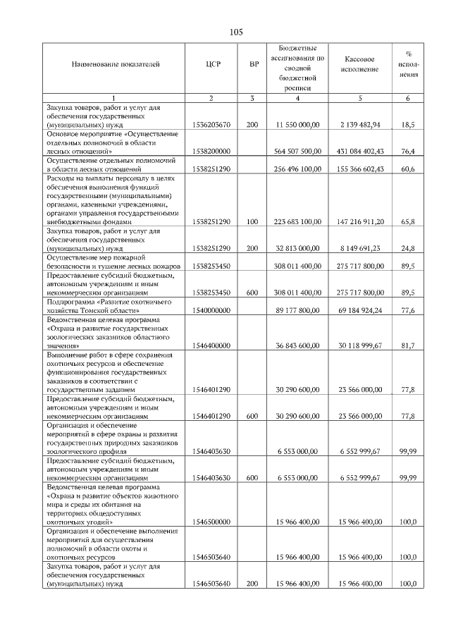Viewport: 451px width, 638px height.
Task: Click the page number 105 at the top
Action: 236,32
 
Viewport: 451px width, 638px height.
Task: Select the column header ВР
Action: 254,64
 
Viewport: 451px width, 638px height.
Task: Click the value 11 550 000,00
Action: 297,125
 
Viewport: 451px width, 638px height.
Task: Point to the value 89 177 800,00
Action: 299,311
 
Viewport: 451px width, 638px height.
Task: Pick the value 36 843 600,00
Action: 299,345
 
